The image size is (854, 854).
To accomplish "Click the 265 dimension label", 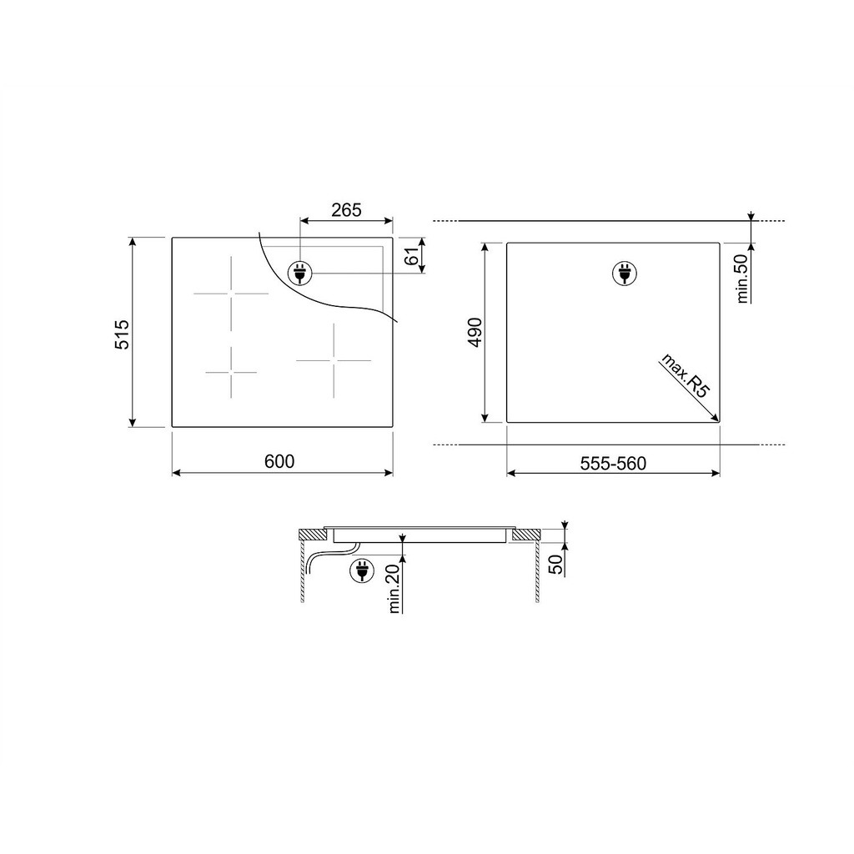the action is pyautogui.click(x=346, y=209).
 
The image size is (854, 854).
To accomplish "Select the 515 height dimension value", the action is pyautogui.click(x=122, y=334).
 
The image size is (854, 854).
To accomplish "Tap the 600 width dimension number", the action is pyautogui.click(x=279, y=461).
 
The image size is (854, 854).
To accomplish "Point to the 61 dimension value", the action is pyautogui.click(x=415, y=255).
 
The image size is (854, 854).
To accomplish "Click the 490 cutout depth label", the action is pyautogui.click(x=475, y=332).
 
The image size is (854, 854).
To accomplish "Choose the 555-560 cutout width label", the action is pyautogui.click(x=613, y=464).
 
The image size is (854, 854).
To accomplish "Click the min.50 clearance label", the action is pyautogui.click(x=743, y=279).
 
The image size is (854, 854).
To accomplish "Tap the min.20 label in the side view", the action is pyautogui.click(x=394, y=588).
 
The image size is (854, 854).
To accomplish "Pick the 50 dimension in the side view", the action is pyautogui.click(x=556, y=565).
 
